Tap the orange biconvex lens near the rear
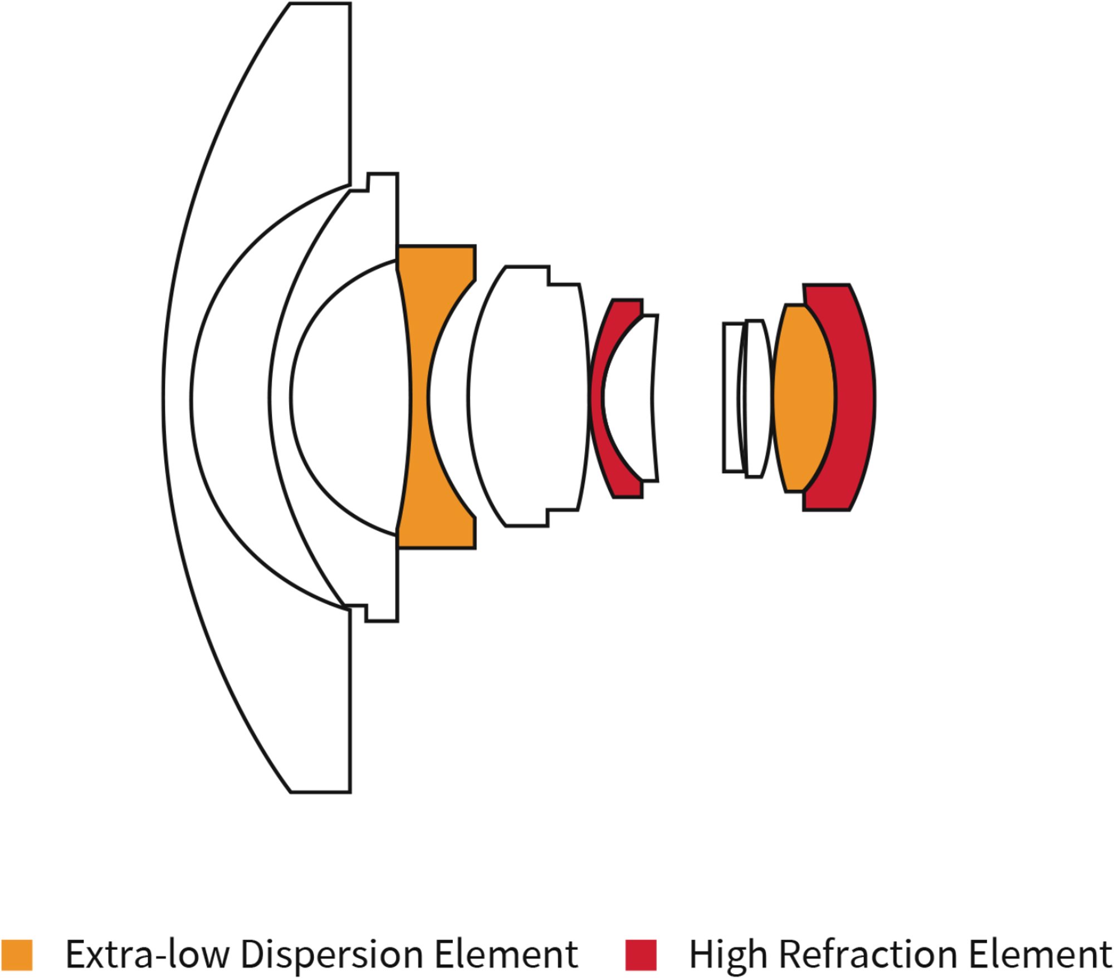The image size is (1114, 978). pyautogui.click(x=804, y=397)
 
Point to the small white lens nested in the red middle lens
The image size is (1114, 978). pyautogui.click(x=629, y=397)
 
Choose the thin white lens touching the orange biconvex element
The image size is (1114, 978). pyautogui.click(x=756, y=397)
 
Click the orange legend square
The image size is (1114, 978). pyautogui.click(x=17, y=955)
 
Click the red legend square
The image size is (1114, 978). pyautogui.click(x=641, y=955)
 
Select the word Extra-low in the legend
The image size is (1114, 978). pyautogui.click(x=148, y=954)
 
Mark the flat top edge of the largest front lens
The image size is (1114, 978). pyautogui.click(x=320, y=3)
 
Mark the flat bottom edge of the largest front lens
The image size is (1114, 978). pyautogui.click(x=320, y=792)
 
